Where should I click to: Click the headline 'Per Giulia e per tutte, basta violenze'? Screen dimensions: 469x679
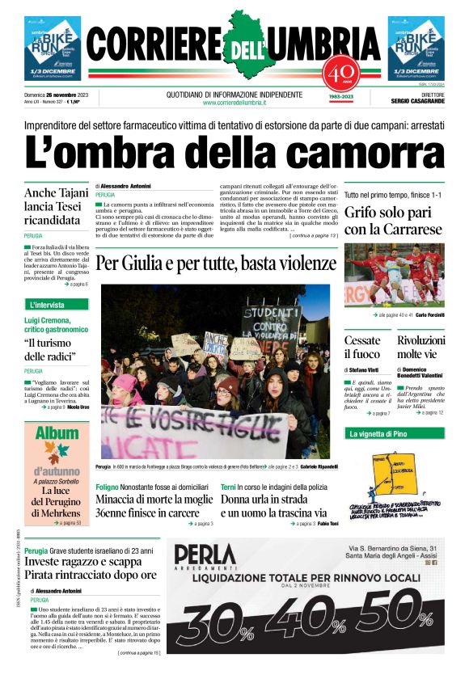point(216,264)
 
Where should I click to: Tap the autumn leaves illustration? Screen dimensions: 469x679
point(57,453)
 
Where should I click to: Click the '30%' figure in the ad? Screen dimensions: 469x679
point(212,626)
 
